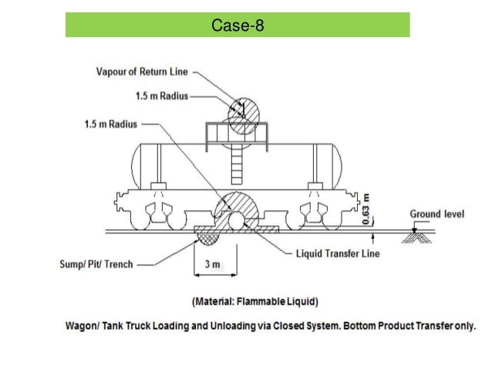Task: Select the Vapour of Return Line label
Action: tap(142, 73)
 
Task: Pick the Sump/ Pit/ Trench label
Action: tap(96, 264)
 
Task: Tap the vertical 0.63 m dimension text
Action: tap(367, 206)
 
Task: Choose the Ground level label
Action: tap(436, 214)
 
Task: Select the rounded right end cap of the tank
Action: tap(336, 165)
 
